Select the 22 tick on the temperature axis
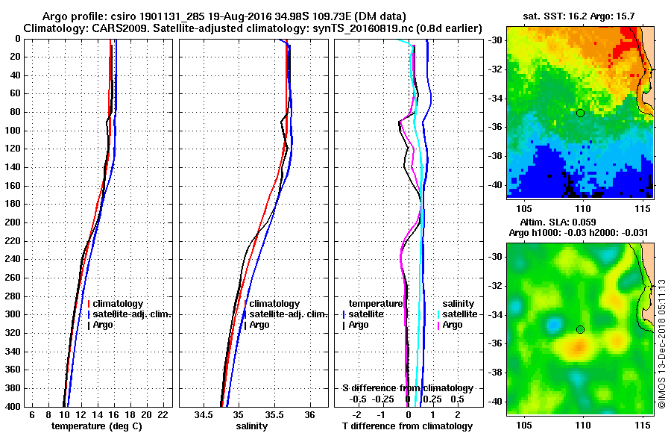click(163, 414)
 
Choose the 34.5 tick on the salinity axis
click(202, 414)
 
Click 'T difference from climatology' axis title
click(408, 426)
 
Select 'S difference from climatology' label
click(408, 388)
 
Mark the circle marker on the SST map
click(580, 113)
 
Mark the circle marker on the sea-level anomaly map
click(580, 329)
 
